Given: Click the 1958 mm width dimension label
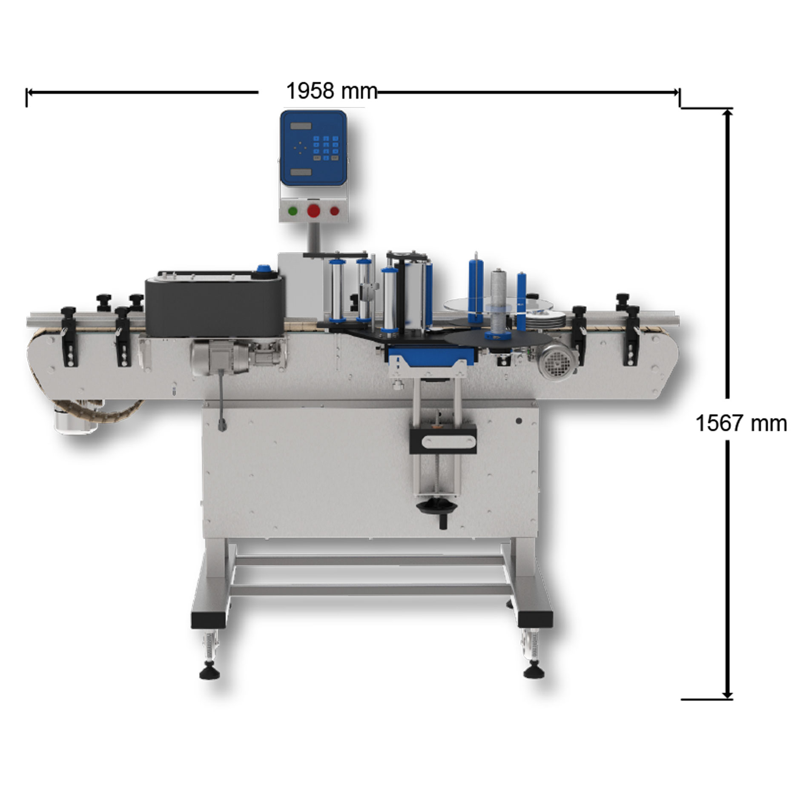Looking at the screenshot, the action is click(x=332, y=91).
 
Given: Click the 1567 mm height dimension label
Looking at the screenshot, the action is click(x=741, y=424).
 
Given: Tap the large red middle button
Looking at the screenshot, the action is click(x=314, y=210).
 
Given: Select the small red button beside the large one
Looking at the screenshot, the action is click(x=335, y=211).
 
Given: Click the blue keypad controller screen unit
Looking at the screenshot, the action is click(x=313, y=148).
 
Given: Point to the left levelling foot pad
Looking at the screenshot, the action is click(x=209, y=673).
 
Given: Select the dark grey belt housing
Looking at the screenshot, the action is click(x=215, y=305).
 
